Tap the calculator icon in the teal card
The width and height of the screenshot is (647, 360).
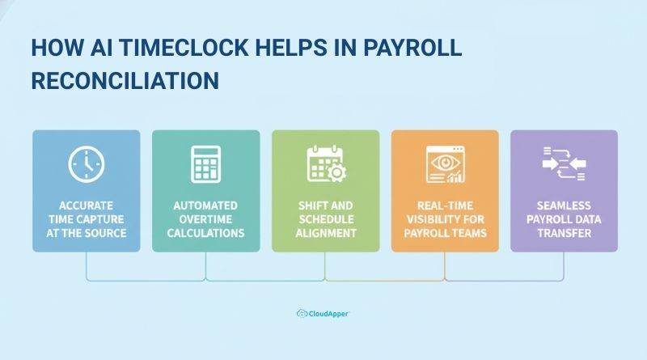click(x=205, y=165)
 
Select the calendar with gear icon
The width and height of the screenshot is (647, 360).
click(x=325, y=165)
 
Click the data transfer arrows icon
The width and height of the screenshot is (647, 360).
click(x=564, y=163)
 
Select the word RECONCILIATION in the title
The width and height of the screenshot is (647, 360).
click(x=125, y=81)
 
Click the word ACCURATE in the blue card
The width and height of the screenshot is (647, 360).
click(x=87, y=205)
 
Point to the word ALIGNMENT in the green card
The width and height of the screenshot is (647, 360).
click(x=325, y=233)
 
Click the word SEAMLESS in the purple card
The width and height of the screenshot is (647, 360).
click(x=564, y=205)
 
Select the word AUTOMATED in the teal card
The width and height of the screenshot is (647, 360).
click(x=205, y=205)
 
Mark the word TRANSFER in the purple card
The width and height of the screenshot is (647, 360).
click(x=564, y=233)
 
